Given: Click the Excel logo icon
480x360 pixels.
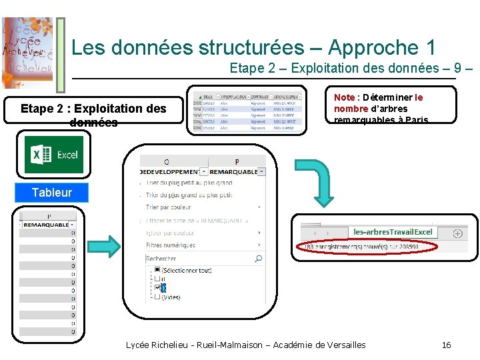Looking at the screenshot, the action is pos(54,155).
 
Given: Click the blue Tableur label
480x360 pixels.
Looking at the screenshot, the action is pos(51,193).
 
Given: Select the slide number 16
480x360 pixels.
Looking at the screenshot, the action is pos(447,345).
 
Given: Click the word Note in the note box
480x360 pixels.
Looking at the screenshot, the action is pos(344,97).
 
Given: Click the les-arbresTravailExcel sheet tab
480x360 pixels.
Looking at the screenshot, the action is pos(393,232).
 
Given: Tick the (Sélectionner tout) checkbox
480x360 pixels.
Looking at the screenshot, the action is pos(157,270).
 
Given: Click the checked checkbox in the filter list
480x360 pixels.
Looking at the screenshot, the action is pos(157,288).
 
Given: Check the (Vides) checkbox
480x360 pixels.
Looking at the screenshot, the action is pos(157,297).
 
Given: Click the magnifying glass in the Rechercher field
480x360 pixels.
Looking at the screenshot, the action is pos(259,259).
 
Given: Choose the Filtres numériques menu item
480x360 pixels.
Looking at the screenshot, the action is pos(171,245).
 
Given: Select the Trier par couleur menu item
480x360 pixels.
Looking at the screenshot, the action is pos(168,207).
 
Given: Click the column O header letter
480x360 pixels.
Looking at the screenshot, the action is pos(166,162).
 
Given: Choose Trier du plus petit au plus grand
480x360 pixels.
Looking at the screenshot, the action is pos(189,183).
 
